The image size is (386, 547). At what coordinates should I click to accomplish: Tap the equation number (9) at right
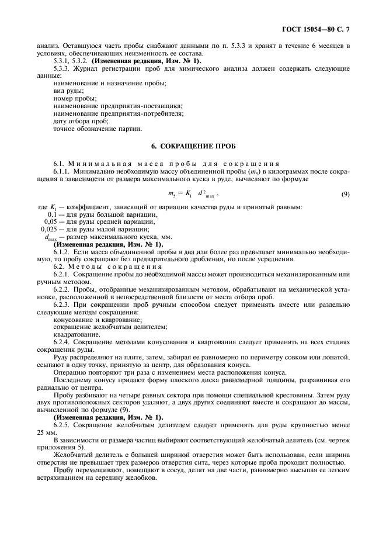pyautogui.click(x=345, y=193)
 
